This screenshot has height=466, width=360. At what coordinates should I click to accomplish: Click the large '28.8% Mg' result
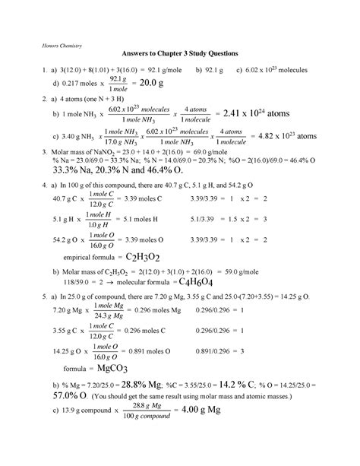[x=152, y=407]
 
